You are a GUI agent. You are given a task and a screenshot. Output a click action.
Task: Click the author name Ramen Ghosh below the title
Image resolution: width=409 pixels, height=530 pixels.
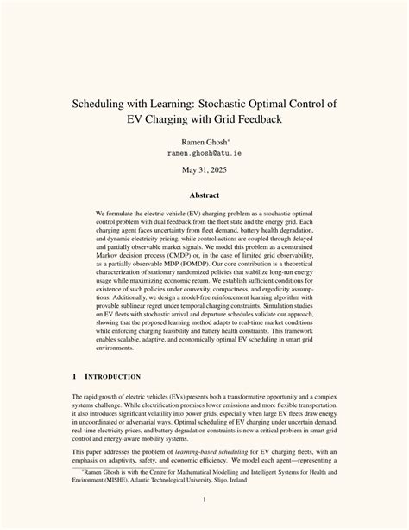tap(204, 151)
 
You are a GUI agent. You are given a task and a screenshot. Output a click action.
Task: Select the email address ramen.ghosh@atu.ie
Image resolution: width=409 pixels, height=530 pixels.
tap(204, 163)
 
